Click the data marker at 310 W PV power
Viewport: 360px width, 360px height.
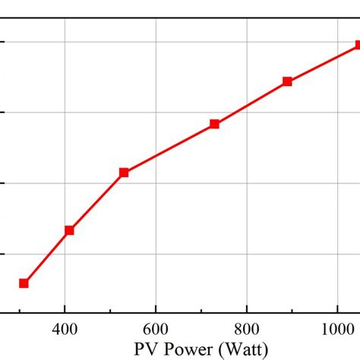(x=24, y=283)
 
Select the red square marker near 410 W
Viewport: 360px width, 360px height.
(x=69, y=230)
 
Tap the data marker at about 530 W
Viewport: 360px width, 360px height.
(x=124, y=172)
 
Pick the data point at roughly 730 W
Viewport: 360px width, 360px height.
(x=215, y=124)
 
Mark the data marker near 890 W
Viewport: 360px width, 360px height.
(x=287, y=81)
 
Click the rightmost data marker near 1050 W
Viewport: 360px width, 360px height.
(x=358, y=46)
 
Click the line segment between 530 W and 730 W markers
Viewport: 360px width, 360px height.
(x=169, y=148)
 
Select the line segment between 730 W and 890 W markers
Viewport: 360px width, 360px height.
(x=251, y=103)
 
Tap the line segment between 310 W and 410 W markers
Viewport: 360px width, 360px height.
(x=46, y=257)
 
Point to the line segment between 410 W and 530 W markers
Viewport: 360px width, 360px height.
(x=96, y=201)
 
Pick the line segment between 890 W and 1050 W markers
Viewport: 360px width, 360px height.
(x=323, y=63)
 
